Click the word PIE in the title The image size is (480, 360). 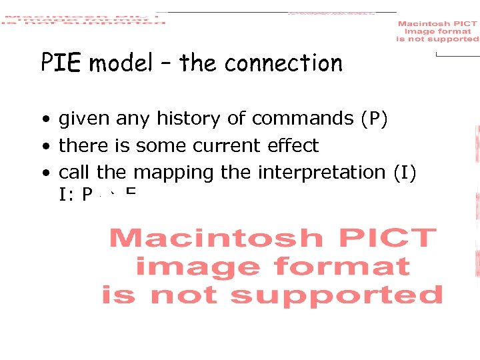61,63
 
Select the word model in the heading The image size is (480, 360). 121,63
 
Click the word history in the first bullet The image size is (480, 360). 189,119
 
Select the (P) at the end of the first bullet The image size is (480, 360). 374,119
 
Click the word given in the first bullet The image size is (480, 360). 85,119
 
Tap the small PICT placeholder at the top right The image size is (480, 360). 437,31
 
